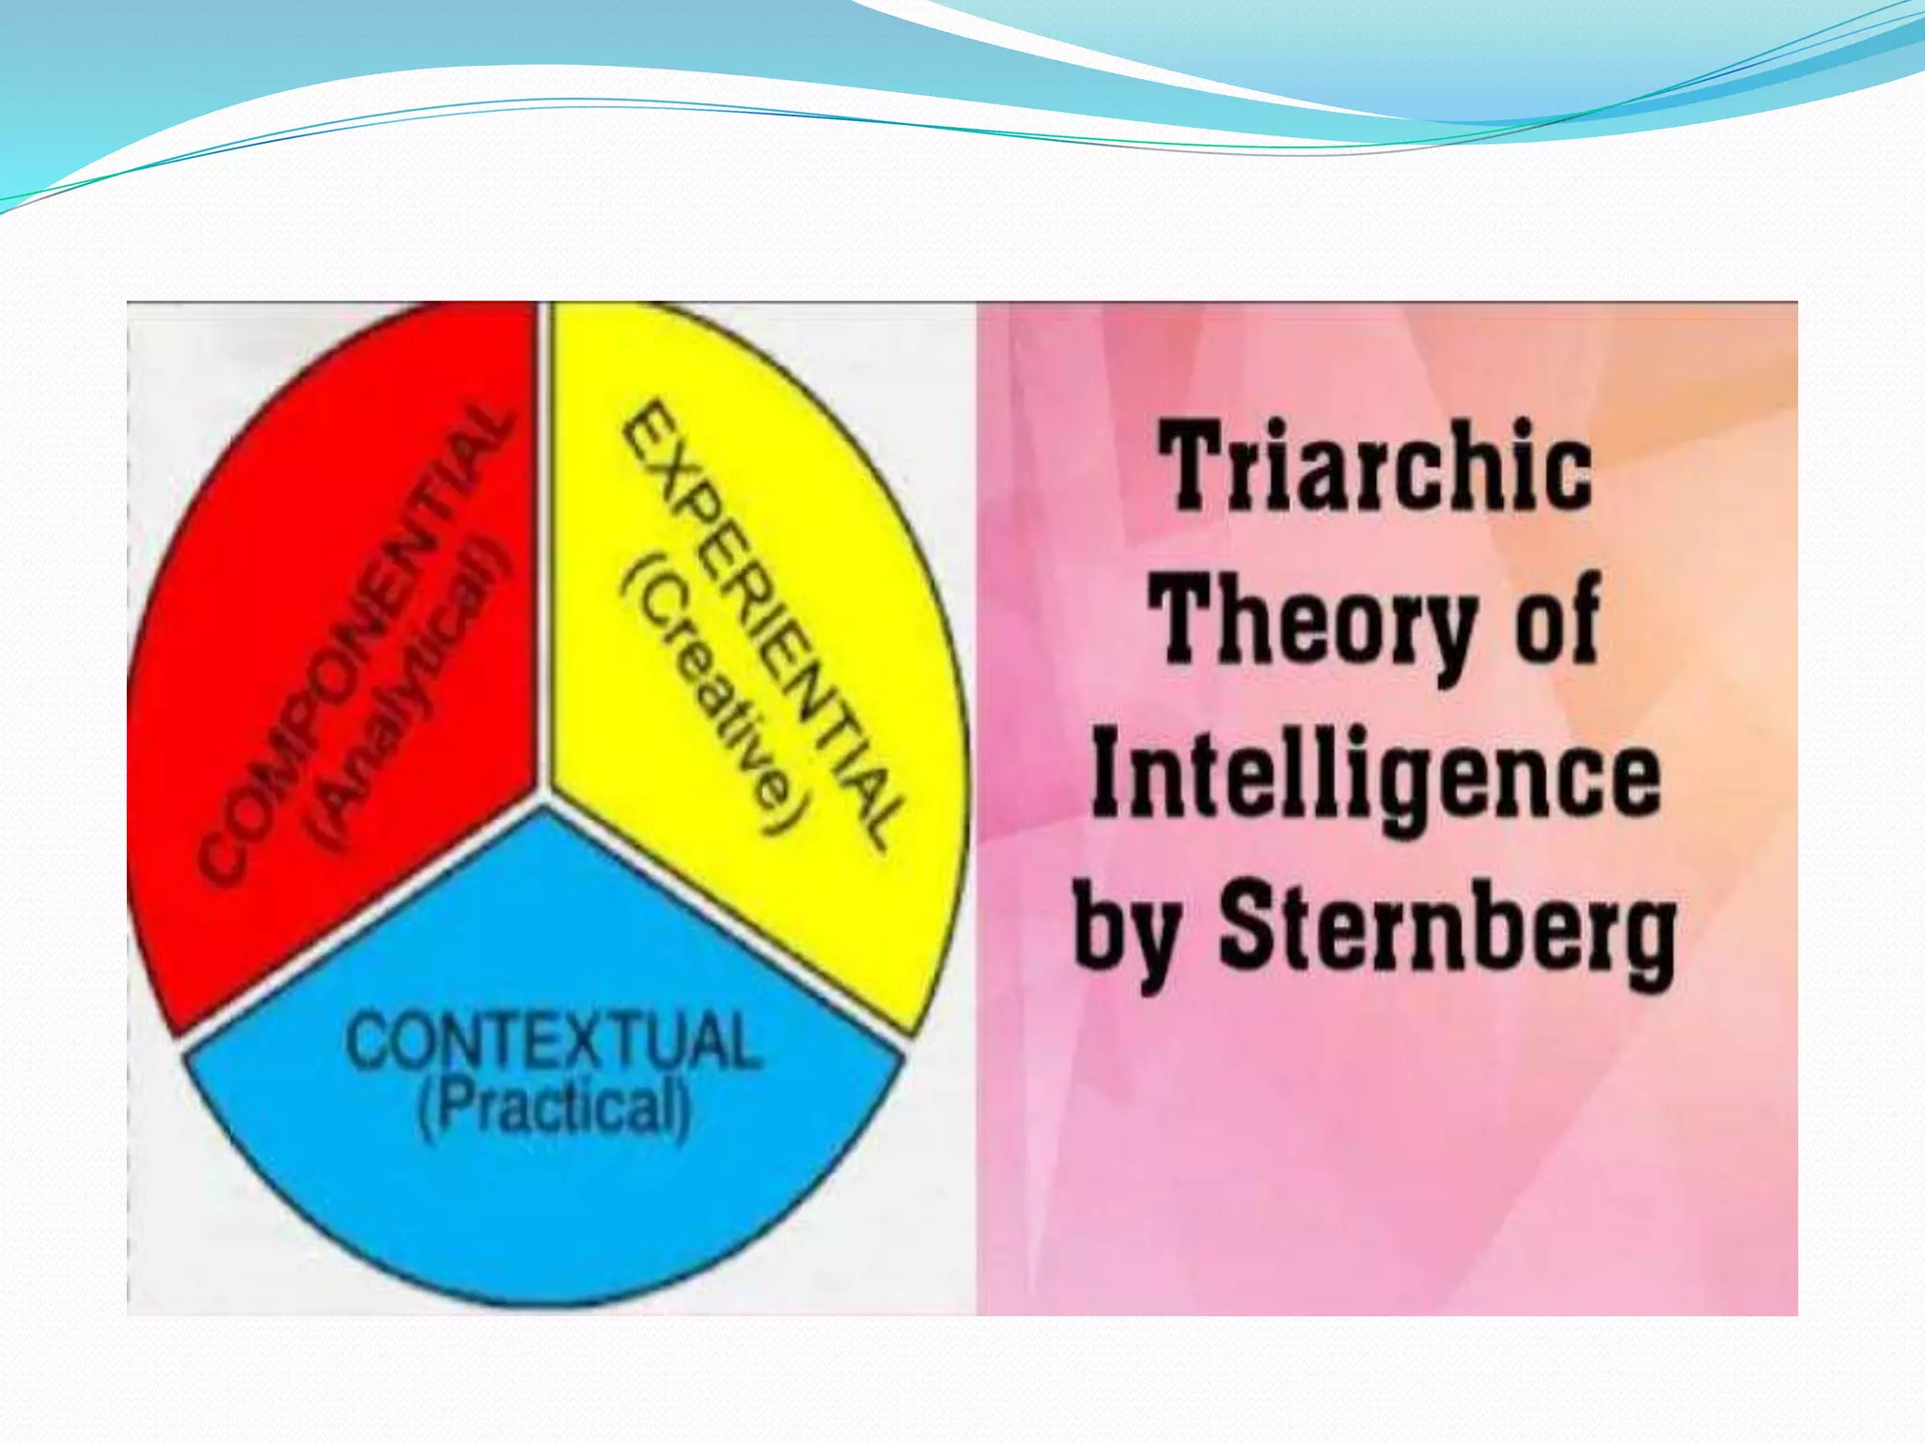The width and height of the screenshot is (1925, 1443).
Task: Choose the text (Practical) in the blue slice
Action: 554,1109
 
